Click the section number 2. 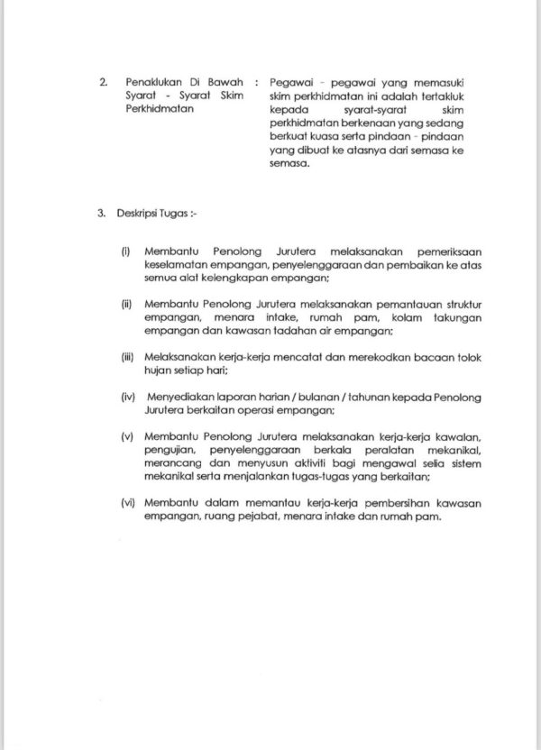point(101,81)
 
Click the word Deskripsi point(135,217)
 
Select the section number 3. point(101,217)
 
